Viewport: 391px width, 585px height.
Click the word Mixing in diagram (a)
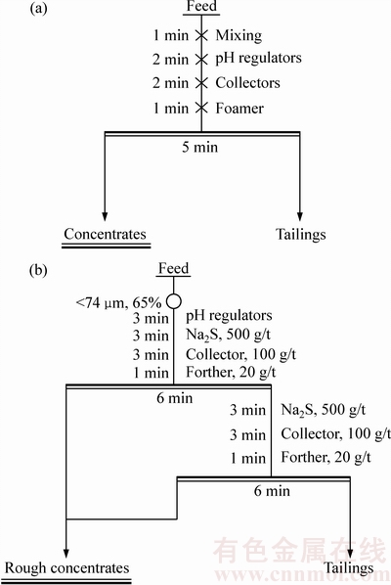[x=239, y=36]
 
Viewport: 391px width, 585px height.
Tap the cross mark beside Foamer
[x=201, y=109]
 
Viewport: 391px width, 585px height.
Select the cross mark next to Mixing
[x=201, y=35]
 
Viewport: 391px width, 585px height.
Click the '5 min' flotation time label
[x=199, y=147]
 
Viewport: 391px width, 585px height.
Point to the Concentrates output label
[x=105, y=234]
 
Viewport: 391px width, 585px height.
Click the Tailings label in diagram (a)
[x=300, y=235]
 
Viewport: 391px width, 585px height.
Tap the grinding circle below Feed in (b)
[x=174, y=301]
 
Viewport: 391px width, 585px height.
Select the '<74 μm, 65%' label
[x=118, y=302]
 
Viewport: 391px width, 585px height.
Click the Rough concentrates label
[x=67, y=567]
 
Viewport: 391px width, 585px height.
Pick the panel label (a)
[x=38, y=9]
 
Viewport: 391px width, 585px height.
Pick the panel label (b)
[x=38, y=270]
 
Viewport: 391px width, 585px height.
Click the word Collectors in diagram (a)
[x=248, y=83]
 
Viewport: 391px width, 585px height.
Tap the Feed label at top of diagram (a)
[x=201, y=6]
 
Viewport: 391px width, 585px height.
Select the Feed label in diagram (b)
[x=174, y=268]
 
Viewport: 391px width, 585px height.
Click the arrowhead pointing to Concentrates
[x=105, y=216]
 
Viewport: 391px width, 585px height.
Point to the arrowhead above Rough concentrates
[x=65, y=554]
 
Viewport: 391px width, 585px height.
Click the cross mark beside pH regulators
[x=201, y=59]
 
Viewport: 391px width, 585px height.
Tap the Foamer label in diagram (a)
[x=239, y=109]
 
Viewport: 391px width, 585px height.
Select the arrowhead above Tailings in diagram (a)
[x=299, y=216]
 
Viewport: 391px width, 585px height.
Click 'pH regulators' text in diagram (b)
[x=229, y=316]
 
